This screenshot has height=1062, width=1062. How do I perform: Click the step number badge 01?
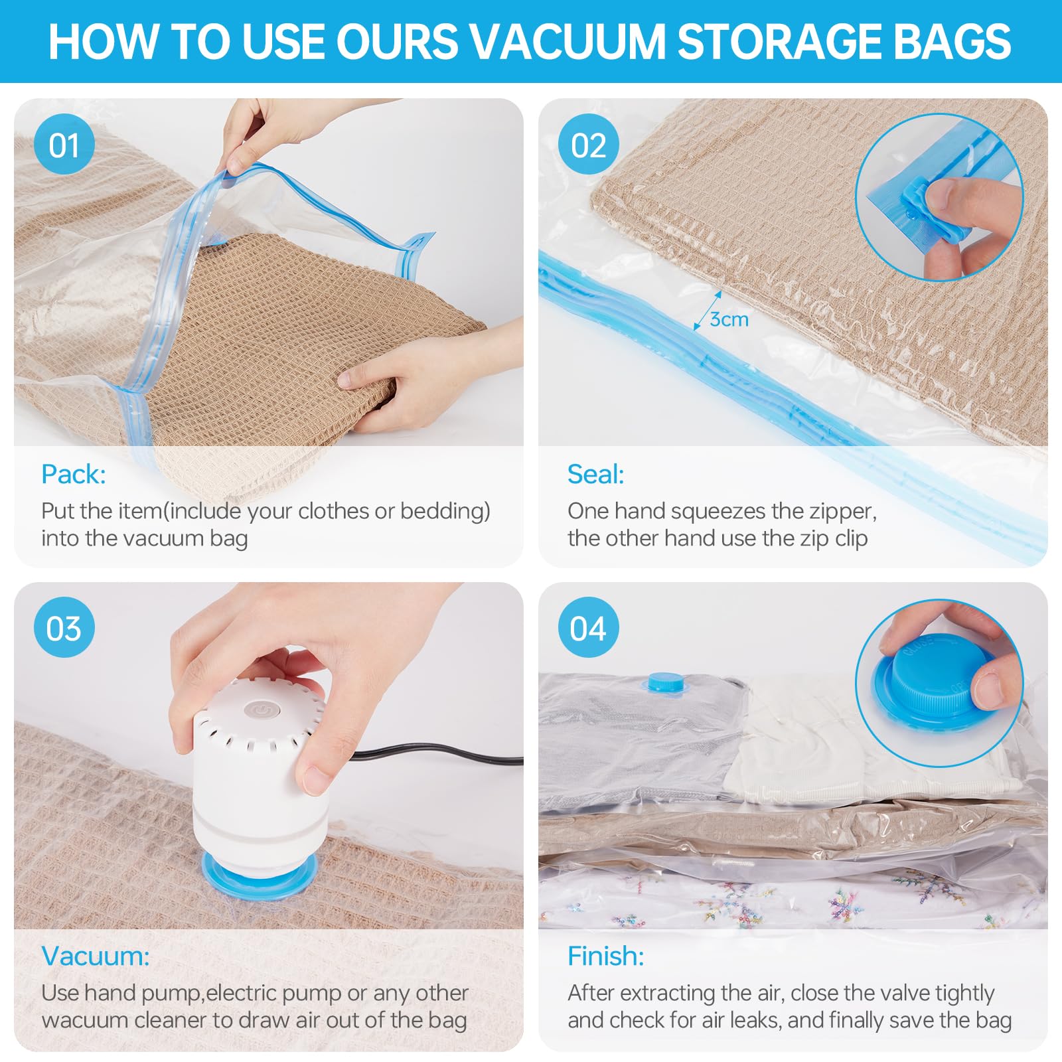tap(64, 145)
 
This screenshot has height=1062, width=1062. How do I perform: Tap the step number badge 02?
tap(588, 145)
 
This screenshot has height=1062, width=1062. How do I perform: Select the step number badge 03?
tap(64, 627)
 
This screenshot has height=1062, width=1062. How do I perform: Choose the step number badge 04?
tap(588, 627)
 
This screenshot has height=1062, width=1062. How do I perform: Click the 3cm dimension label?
tap(729, 319)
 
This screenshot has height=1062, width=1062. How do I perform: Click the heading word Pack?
tap(73, 474)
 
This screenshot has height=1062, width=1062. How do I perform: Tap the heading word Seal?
tap(595, 474)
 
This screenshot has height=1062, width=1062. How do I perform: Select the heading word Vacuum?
tap(96, 956)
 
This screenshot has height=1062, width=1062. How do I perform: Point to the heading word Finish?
tap(605, 956)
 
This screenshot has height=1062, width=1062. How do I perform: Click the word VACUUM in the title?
tap(568, 41)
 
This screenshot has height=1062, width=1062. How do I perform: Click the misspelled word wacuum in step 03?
tap(84, 1020)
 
